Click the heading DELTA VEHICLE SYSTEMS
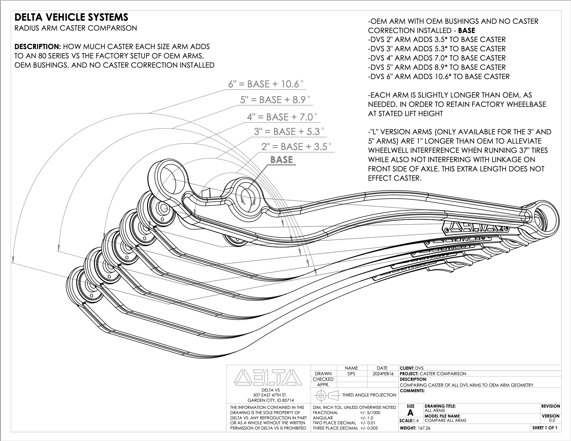pyautogui.click(x=71, y=17)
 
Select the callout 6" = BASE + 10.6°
pyautogui.click(x=266, y=84)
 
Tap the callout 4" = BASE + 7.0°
pyautogui.click(x=282, y=117)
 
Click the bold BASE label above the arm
pyautogui.click(x=281, y=160)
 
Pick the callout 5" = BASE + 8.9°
pyautogui.click(x=275, y=100)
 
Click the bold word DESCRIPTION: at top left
pyautogui.click(x=38, y=47)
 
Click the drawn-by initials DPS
pyautogui.click(x=351, y=374)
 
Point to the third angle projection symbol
pyautogui.click(x=326, y=395)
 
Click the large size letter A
pyautogui.click(x=410, y=413)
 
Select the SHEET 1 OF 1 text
pyautogui.click(x=545, y=428)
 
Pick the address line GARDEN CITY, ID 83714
pyautogui.click(x=269, y=401)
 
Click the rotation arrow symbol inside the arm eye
pyautogui.click(x=246, y=197)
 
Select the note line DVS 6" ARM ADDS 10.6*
pyautogui.click(x=439, y=77)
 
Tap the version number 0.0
pyautogui.click(x=552, y=420)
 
